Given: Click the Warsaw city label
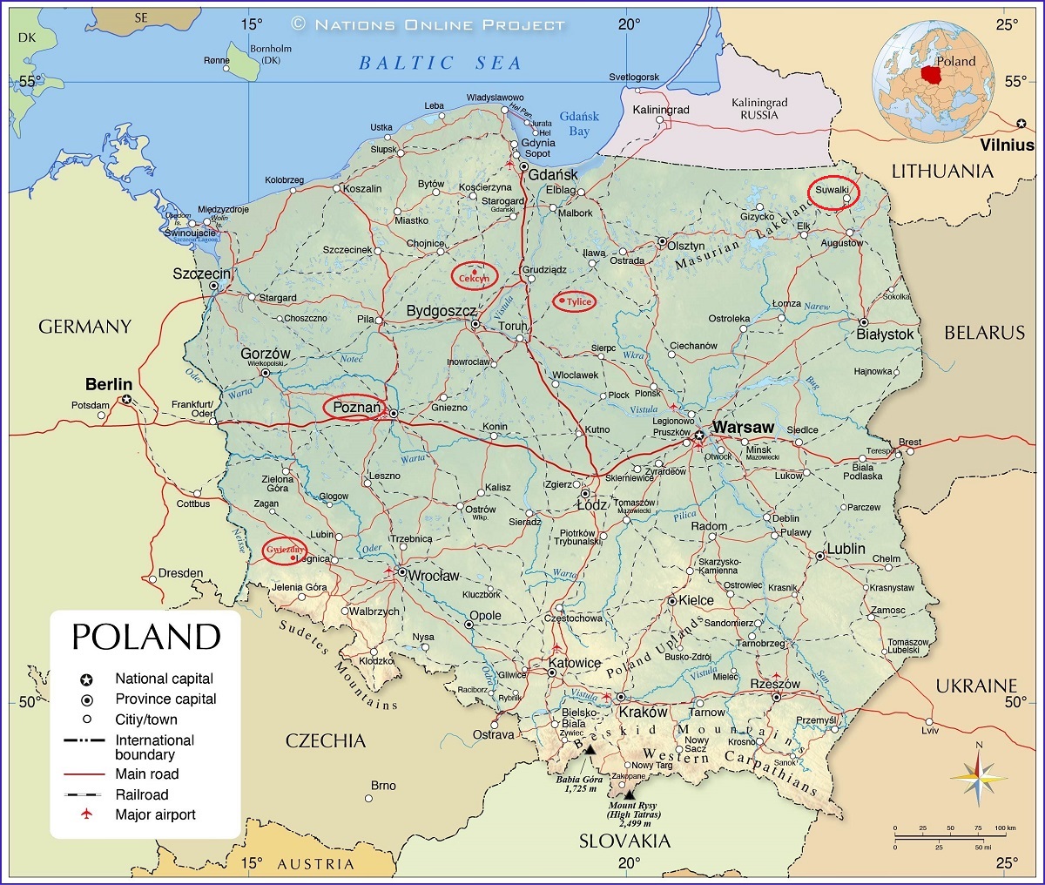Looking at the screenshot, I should coord(743,428).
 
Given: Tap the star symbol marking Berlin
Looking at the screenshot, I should coord(127,400).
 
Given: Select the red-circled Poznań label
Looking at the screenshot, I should coord(356,408).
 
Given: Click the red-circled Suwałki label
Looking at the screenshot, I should coord(833,191).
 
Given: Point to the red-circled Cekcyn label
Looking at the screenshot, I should coord(474,276).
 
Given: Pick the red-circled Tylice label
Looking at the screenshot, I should coord(575,301).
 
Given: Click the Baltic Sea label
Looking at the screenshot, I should coord(440,63).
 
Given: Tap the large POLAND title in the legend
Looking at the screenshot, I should coord(145,637).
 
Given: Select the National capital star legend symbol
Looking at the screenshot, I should coord(86,679).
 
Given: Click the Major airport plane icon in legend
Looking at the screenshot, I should coord(86,814).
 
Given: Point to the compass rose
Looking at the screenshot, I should coord(978,776).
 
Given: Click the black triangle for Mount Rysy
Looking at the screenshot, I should coord(629,794).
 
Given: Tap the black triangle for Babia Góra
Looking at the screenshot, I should coord(590,749).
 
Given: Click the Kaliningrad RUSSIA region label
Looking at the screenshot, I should coord(758,109).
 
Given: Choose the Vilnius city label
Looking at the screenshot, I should coord(1007,145).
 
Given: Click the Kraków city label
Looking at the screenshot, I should coord(643,712).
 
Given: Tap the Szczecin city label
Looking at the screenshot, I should coord(201,274).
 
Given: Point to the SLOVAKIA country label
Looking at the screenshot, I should coord(625,841).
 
